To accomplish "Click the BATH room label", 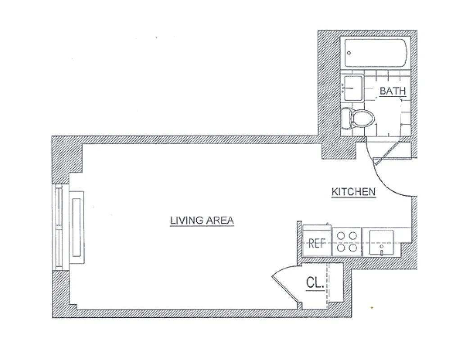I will click(393, 91).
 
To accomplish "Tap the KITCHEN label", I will click(353, 192).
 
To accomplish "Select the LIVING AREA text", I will click(202, 220).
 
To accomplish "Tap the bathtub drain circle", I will click(349, 53).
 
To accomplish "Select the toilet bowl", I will click(363, 118).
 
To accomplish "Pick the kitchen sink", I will click(381, 242).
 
